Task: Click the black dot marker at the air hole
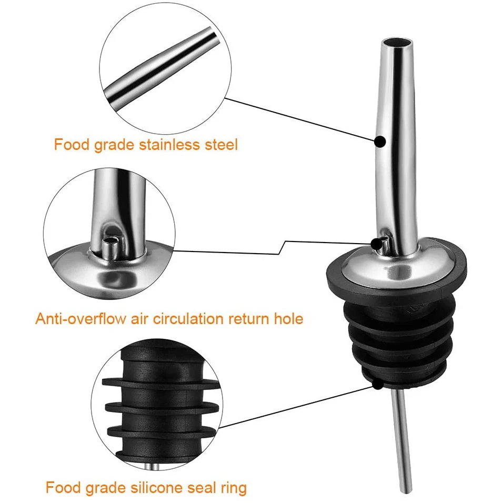tap(377, 243)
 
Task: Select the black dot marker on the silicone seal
tap(377, 385)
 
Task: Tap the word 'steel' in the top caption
tap(220, 144)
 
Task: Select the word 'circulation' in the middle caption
tap(197, 318)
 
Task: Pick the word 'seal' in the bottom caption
tap(200, 488)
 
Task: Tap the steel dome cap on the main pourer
tap(400, 266)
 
